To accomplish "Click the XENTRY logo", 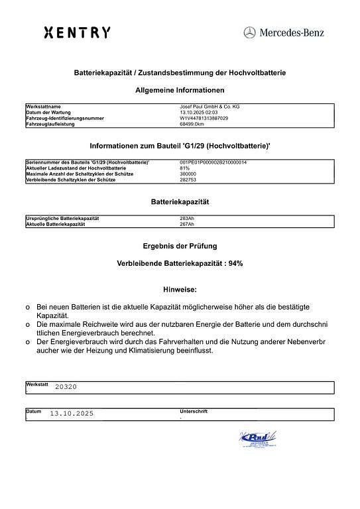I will click(77, 32).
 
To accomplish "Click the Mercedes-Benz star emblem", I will click(249, 32).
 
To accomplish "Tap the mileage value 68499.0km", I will click(194, 124).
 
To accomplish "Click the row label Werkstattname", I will click(43, 107).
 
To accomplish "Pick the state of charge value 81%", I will click(185, 168).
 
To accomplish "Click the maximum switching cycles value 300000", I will click(189, 174).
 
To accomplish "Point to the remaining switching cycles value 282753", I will click(189, 180).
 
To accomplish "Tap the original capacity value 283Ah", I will click(188, 218).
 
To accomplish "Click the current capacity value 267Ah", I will click(188, 224).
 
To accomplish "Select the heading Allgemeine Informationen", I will click(180, 90).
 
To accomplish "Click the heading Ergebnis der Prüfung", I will click(180, 246).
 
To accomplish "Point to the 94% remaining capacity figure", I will click(235, 263).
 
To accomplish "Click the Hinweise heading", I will click(180, 290).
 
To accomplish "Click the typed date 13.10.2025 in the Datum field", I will click(72, 414).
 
